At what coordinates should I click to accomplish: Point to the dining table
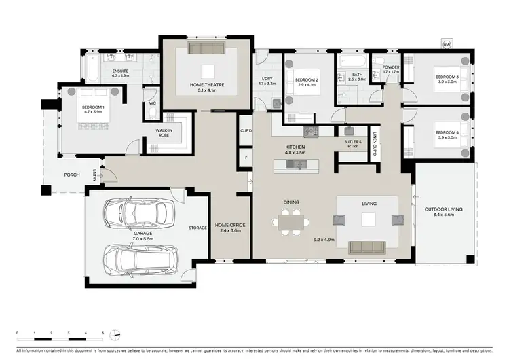pyautogui.click(x=290, y=221)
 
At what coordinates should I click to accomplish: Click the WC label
pyautogui.click(x=152, y=103)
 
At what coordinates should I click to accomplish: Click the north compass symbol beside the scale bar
pyautogui.click(x=116, y=334)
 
